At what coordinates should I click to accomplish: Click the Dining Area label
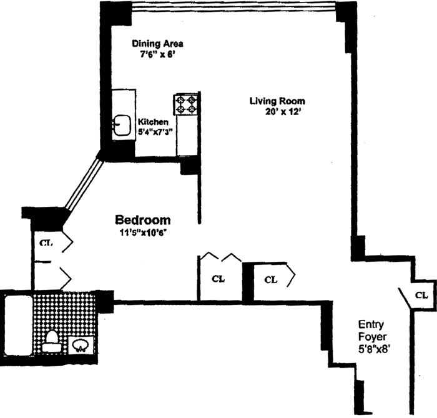[x=157, y=44]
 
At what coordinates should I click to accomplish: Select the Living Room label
[x=277, y=101]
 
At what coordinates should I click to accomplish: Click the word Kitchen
[x=153, y=122]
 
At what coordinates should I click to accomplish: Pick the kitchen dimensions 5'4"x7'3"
[x=155, y=132]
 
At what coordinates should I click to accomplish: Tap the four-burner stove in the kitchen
[x=186, y=104]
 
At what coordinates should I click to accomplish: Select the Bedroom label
[x=142, y=221]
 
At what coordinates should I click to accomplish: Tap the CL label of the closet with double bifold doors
[x=218, y=279]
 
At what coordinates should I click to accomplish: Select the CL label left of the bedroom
[x=46, y=243]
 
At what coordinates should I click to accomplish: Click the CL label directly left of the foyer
[x=270, y=279]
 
